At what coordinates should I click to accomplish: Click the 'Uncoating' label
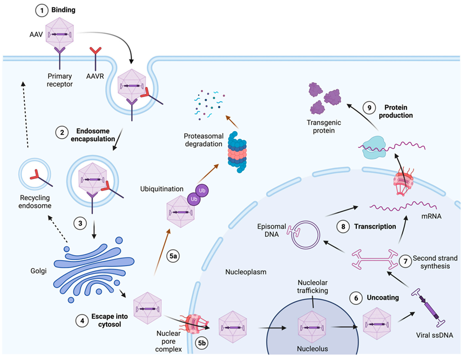pyautogui.click(x=383, y=297)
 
